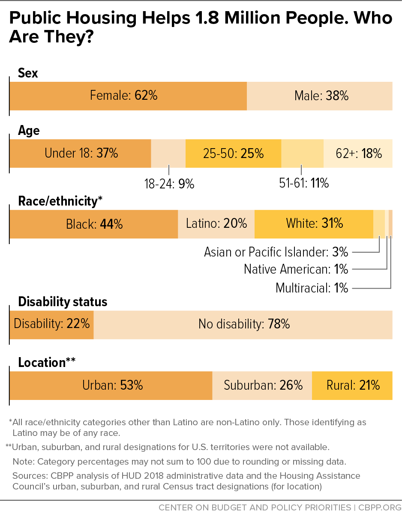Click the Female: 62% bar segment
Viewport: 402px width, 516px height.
(x=128, y=95)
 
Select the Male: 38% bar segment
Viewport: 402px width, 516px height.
(x=320, y=95)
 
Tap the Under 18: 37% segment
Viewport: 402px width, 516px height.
(x=81, y=153)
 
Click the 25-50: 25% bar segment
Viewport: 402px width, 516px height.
(x=233, y=153)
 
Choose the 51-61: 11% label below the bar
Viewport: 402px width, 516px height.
(x=304, y=183)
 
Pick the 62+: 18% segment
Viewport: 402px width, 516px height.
(x=358, y=153)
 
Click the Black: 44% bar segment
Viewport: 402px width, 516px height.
(x=94, y=224)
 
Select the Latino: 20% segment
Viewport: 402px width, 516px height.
(x=216, y=224)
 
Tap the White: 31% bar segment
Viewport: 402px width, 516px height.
(x=314, y=224)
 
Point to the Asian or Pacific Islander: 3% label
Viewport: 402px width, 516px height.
(x=276, y=251)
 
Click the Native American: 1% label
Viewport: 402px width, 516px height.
(x=296, y=269)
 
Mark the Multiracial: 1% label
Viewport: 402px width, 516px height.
(x=312, y=287)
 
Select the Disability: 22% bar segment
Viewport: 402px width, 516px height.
(x=52, y=324)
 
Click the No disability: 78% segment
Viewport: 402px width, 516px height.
(x=243, y=324)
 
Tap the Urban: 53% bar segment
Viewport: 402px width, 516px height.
(x=111, y=385)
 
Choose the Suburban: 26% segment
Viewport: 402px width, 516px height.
(x=262, y=385)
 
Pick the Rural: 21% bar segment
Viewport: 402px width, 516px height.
(x=352, y=385)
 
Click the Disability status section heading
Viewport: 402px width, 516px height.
(x=63, y=302)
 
